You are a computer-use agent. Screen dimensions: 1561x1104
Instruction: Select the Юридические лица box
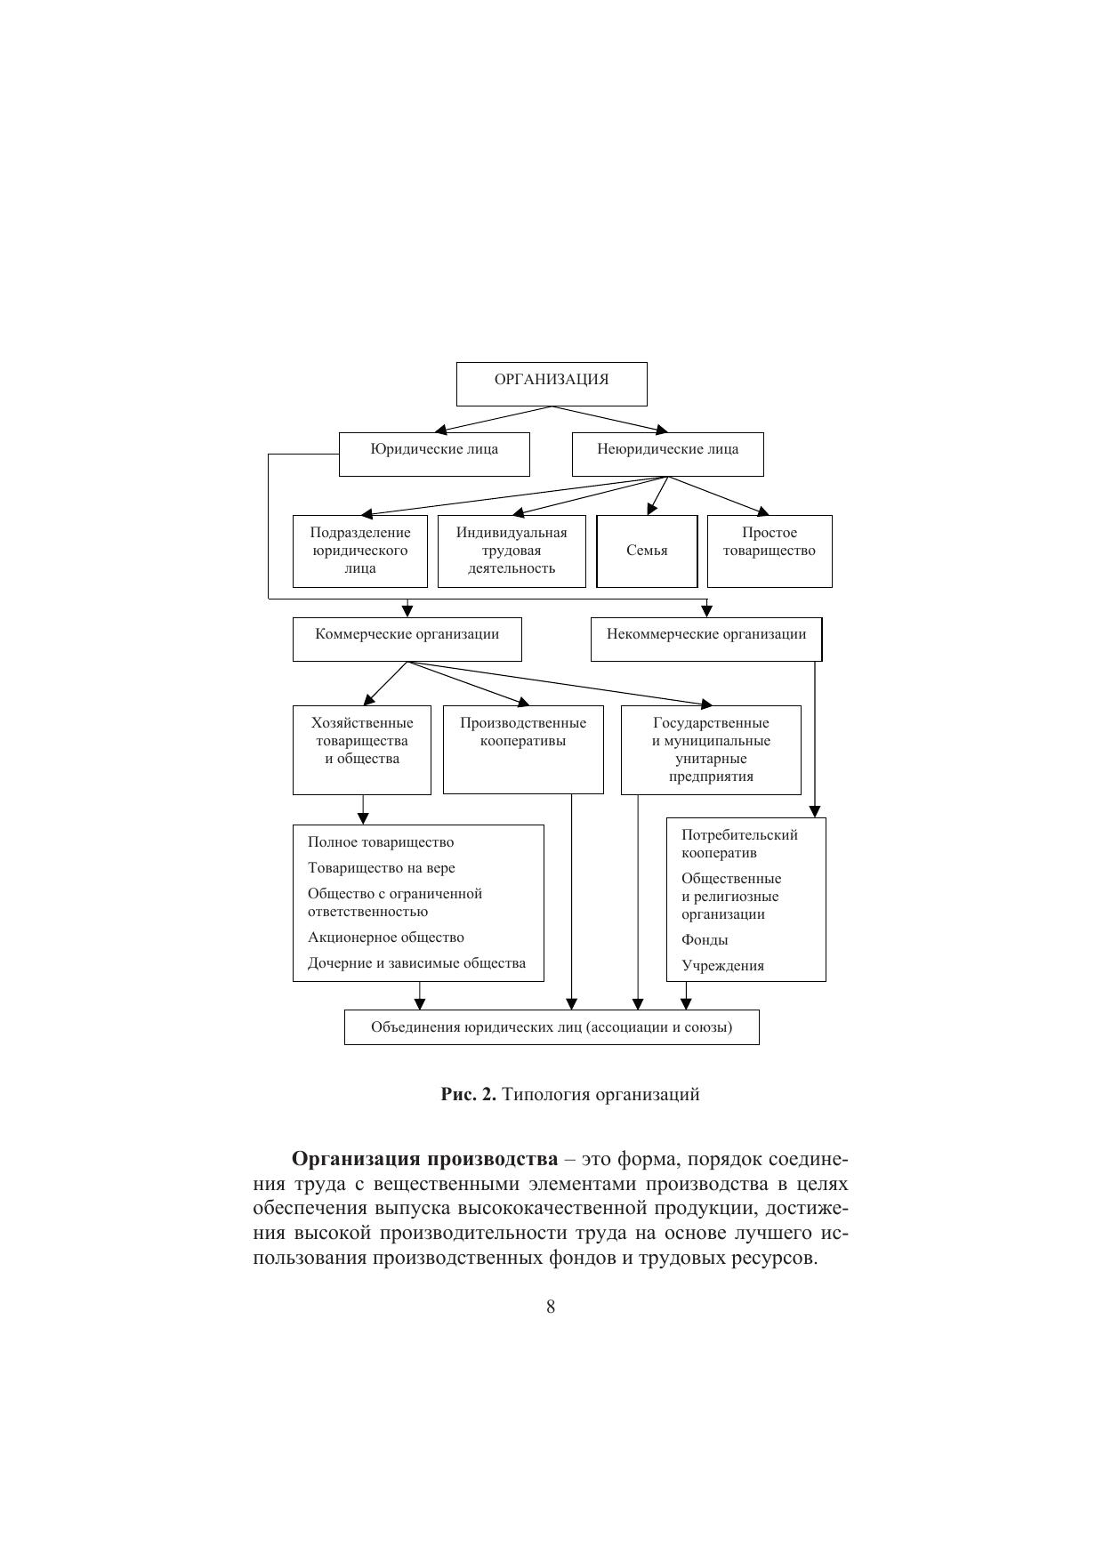(434, 454)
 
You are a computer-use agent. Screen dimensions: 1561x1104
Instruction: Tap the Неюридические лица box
(667, 454)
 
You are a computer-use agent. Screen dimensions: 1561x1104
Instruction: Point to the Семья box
(647, 551)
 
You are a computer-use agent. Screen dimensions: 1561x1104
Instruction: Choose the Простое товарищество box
(770, 551)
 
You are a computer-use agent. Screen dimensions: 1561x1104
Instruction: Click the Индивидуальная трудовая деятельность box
(512, 551)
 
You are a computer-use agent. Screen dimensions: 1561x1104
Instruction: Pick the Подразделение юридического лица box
(360, 551)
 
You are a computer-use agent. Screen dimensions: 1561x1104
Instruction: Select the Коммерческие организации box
(407, 639)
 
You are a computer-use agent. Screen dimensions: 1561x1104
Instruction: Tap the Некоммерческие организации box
(706, 639)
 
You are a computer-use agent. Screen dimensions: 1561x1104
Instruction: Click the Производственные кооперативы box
(523, 749)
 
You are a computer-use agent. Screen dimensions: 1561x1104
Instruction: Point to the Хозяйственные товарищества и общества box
(362, 749)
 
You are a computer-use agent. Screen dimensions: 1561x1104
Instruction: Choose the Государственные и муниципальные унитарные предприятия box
(711, 749)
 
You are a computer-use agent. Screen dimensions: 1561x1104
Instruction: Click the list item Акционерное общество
(386, 937)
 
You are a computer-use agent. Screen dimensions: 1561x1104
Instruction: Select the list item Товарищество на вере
(382, 868)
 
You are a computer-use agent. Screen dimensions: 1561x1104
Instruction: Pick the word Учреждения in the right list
(722, 966)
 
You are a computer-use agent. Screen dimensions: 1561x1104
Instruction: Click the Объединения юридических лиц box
(552, 1027)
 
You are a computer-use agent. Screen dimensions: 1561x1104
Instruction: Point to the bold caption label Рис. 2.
(469, 1095)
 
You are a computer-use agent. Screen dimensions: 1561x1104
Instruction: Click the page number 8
(551, 1307)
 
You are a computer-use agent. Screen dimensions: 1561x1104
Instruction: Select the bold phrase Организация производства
(425, 1160)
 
